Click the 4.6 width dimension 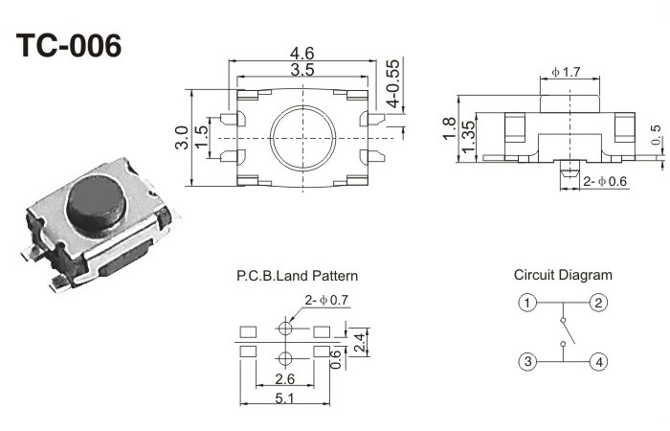(303, 54)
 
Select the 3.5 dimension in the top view (303, 71)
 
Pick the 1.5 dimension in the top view (201, 136)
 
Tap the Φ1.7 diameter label (567, 72)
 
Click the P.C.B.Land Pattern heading (297, 276)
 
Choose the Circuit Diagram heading (563, 275)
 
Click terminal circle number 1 (526, 304)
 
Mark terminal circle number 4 (598, 362)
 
